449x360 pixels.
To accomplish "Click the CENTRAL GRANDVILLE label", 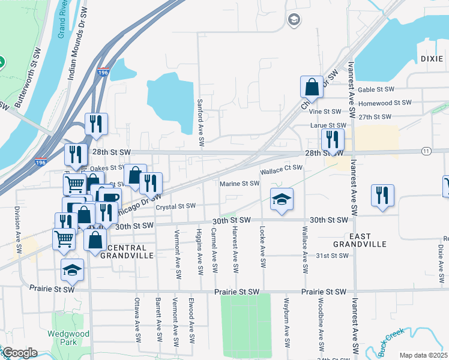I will (127, 251).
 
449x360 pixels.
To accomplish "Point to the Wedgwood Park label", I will (74, 338).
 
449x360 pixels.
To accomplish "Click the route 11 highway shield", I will (426, 150).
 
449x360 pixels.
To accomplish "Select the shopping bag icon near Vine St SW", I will (313, 87).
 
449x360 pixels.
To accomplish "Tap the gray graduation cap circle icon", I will (293, 20).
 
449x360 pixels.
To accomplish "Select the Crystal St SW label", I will (175, 206).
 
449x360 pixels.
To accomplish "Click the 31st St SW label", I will (333, 256).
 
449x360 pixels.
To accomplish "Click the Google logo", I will (19, 352).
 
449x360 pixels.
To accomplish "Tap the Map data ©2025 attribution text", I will (423, 355).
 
